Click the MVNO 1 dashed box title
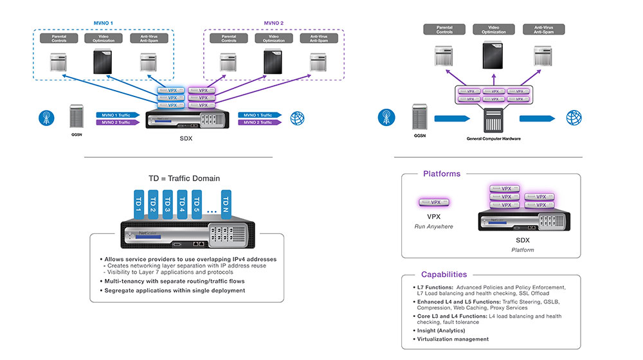pyautogui.click(x=103, y=23)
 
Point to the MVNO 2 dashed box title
pyautogui.click(x=275, y=23)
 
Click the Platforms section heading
pyautogui.click(x=442, y=174)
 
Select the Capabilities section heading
pyautogui.click(x=444, y=274)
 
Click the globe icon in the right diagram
pyautogui.click(x=573, y=118)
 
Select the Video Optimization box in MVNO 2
pyautogui.click(x=269, y=39)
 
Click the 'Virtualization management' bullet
pyautogui.click(x=453, y=339)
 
